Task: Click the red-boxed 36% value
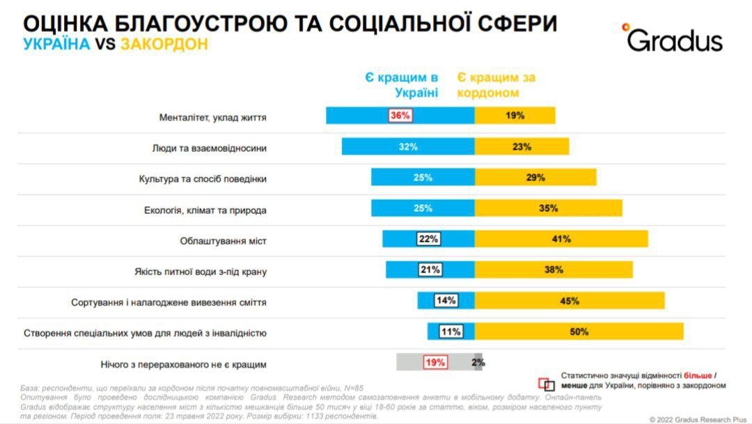[x=400, y=116]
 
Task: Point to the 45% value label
[x=569, y=301]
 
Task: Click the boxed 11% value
[x=451, y=331]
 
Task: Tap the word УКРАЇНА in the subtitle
[x=56, y=44]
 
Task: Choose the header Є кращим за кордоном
[x=496, y=85]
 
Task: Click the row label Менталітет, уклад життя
[x=212, y=117]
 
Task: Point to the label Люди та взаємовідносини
[x=209, y=148]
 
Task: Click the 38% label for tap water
[x=554, y=270]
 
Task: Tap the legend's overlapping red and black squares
[x=549, y=384]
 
